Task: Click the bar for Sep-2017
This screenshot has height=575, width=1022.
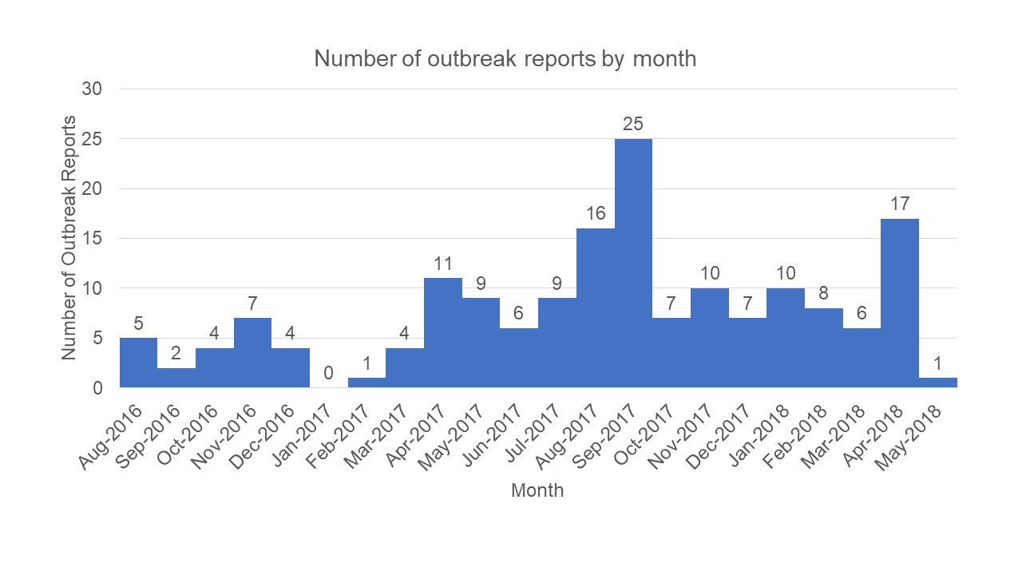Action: coord(633,264)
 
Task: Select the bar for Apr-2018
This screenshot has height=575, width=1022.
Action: coord(900,303)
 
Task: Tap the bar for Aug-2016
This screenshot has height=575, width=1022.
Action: coord(138,363)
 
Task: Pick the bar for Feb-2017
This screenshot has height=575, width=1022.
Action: coord(366,383)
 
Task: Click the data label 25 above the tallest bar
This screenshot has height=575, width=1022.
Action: coord(633,125)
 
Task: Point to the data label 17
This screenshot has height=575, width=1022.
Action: coord(900,204)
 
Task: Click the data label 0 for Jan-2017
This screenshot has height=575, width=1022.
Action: coord(328,373)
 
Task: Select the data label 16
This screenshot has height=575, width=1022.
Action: coord(596,214)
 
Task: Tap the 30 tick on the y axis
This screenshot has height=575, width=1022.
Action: coord(93,89)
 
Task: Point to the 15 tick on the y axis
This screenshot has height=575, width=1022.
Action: coord(93,238)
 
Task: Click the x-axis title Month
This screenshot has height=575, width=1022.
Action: coord(537,490)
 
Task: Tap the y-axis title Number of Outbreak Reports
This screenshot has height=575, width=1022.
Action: coord(70,238)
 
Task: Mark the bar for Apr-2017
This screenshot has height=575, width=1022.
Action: coord(443,333)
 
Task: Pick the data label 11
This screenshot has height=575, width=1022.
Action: coord(443,264)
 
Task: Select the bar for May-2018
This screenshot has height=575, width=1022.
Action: coord(938,383)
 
